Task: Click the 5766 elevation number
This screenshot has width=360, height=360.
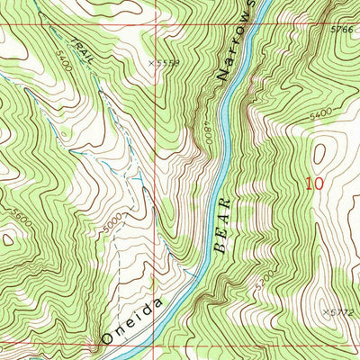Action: coord(341,29)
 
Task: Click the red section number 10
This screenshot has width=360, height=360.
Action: coord(313,184)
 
